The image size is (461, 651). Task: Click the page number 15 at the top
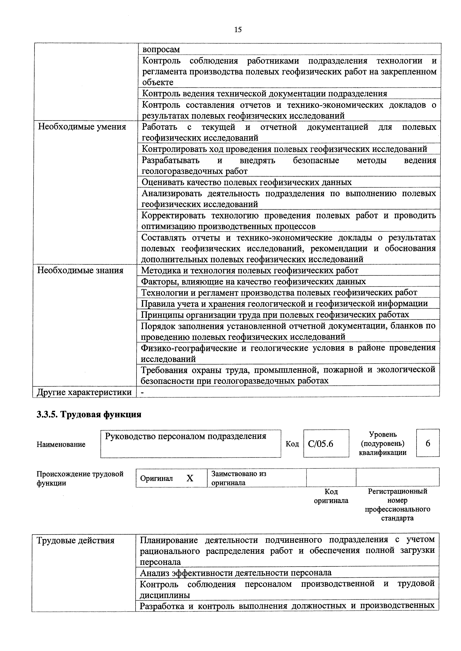pyautogui.click(x=238, y=30)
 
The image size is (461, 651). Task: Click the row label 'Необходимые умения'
pyautogui.click(x=82, y=127)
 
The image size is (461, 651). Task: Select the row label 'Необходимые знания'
pyautogui.click(x=80, y=270)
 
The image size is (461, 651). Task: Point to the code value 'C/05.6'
pyautogui.click(x=321, y=443)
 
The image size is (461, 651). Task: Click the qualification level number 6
pyautogui.click(x=428, y=443)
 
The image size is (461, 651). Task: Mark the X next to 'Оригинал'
pyautogui.click(x=190, y=478)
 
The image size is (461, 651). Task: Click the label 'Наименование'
pyautogui.click(x=61, y=444)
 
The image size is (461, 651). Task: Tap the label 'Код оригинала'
pyautogui.click(x=331, y=496)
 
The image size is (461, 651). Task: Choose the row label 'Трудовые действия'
pyautogui.click(x=75, y=541)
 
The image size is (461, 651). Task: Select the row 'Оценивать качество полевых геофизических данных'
pyautogui.click(x=246, y=182)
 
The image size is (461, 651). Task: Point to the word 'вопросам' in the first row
pyautogui.click(x=161, y=50)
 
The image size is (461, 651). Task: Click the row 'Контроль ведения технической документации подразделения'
pyautogui.click(x=264, y=94)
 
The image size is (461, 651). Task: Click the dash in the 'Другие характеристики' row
pyautogui.click(x=143, y=392)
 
